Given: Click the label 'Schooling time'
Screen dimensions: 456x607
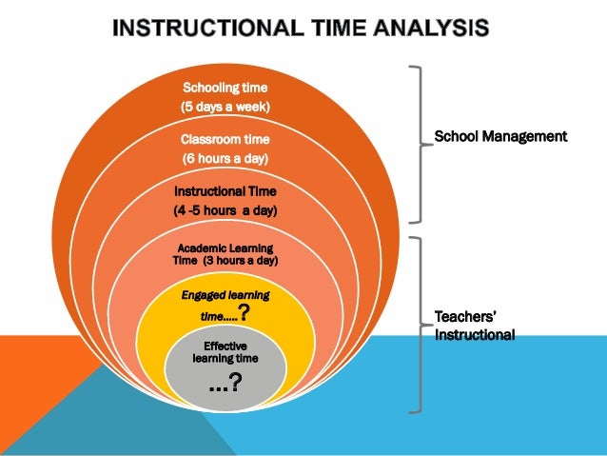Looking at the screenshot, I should tap(225, 89).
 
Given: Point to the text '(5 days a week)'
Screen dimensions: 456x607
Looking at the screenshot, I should tap(225, 108).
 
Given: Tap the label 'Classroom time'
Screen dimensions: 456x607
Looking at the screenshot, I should tap(225, 139).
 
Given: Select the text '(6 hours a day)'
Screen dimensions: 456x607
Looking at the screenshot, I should tap(225, 158).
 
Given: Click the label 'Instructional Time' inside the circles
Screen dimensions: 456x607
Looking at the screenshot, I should tap(225, 190).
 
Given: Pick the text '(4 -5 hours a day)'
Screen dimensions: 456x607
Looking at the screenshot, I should tap(225, 209).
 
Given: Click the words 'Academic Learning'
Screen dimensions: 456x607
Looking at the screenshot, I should tap(225, 248).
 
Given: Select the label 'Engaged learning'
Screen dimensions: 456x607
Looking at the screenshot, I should tap(225, 295).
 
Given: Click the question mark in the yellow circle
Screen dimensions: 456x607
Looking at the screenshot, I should tap(245, 314).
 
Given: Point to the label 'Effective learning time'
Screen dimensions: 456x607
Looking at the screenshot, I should tap(225, 351).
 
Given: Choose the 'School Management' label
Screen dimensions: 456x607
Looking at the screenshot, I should tap(500, 137).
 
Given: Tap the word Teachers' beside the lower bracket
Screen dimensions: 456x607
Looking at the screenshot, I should tap(467, 317).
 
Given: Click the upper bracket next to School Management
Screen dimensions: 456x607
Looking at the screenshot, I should tap(417, 143).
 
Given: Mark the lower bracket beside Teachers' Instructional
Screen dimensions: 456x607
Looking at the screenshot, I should tap(417, 325).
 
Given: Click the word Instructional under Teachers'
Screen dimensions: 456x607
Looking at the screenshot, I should tap(475, 335).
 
